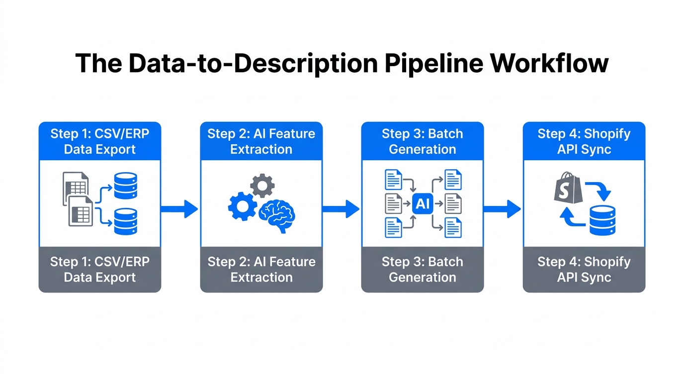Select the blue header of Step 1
100,141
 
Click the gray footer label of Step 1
100,269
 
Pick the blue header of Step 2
261,141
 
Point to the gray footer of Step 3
422,269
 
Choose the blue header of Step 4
584,141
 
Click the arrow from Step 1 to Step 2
180,208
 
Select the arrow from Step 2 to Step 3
341,208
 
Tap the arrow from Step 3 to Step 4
503,208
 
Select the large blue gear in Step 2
243,206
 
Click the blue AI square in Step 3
422,204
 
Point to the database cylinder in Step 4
602,220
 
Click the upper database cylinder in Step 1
125,186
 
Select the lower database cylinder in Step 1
125,222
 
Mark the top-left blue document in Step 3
393,180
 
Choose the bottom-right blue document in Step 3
453,228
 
